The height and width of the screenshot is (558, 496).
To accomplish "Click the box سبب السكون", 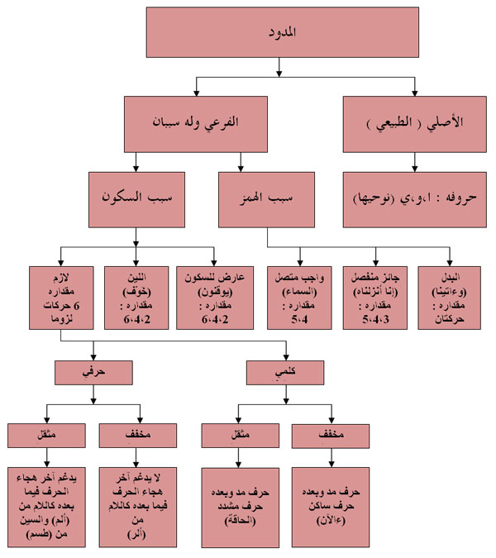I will [x=136, y=199].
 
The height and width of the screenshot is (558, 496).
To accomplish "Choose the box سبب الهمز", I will [x=266, y=199].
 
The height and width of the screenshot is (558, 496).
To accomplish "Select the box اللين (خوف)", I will [x=135, y=298].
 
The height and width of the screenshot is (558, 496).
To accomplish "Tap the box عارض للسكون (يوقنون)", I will [x=212, y=298].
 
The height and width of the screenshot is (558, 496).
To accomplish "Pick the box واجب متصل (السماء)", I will [x=300, y=298].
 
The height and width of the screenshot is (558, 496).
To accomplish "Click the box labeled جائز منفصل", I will [x=376, y=298].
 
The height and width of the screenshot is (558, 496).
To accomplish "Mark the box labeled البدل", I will [x=451, y=298].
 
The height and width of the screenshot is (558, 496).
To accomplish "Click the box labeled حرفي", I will [x=93, y=372].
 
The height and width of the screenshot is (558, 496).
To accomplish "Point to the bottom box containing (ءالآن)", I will [x=329, y=503].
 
